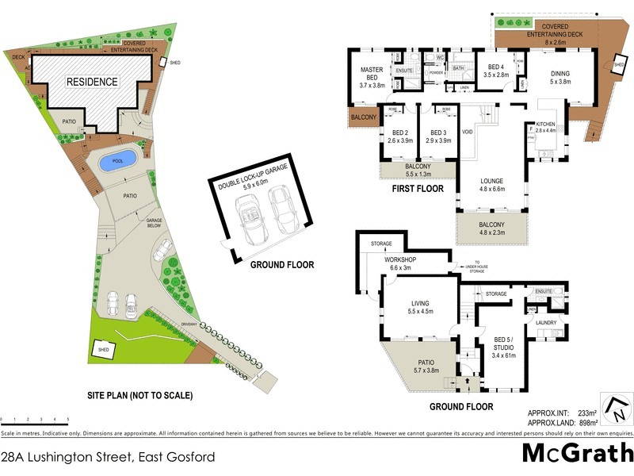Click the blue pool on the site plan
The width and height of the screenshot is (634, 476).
(116, 161)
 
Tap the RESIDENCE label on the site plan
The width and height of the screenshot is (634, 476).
(92, 82)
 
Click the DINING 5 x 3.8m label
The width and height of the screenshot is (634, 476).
(560, 78)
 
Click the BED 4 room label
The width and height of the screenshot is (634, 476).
(496, 71)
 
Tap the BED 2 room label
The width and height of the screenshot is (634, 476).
(399, 136)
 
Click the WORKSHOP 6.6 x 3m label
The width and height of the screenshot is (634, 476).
(400, 264)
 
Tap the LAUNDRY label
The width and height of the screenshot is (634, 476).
(546, 323)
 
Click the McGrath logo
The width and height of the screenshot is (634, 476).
(577, 453)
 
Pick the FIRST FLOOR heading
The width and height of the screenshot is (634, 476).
(418, 190)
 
